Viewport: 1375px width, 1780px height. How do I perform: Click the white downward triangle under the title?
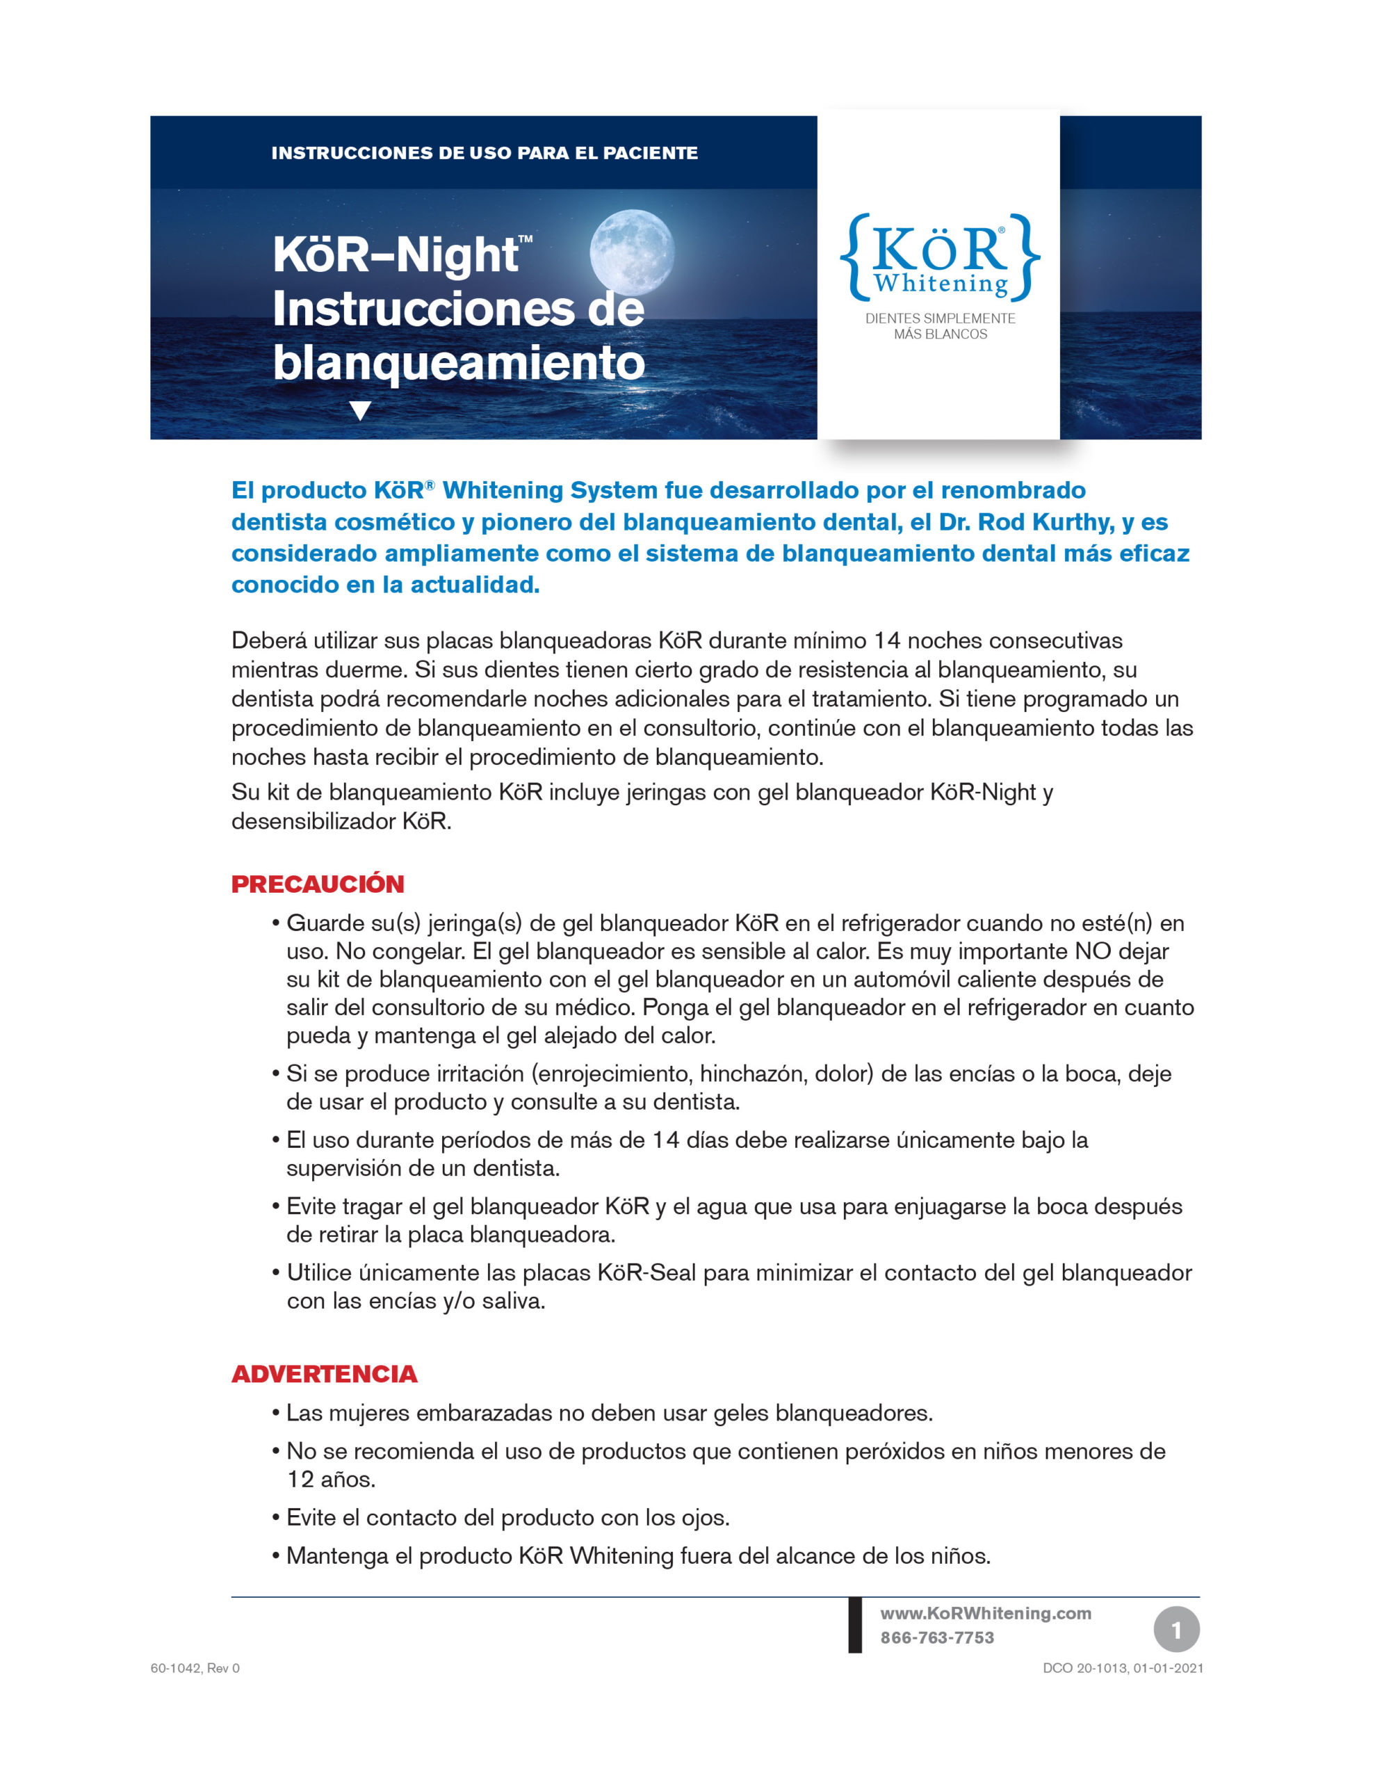pyautogui.click(x=359, y=410)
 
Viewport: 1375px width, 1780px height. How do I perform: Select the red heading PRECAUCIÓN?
pyautogui.click(x=318, y=884)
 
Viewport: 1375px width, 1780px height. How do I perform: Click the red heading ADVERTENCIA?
pyautogui.click(x=325, y=1373)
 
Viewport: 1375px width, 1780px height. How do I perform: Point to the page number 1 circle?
pyautogui.click(x=1176, y=1629)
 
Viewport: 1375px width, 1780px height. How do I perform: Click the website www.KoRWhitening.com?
pyautogui.click(x=984, y=1613)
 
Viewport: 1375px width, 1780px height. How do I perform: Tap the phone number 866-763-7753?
pyautogui.click(x=936, y=1637)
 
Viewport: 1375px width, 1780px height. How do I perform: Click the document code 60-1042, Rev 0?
pyautogui.click(x=195, y=1668)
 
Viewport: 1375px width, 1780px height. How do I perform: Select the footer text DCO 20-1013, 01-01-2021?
pyautogui.click(x=1123, y=1668)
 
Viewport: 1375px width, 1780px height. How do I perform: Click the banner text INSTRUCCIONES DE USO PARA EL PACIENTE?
pyautogui.click(x=484, y=153)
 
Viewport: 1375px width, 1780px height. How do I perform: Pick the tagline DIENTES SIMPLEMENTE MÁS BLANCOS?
pyautogui.click(x=940, y=326)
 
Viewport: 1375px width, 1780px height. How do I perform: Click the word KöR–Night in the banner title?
pyautogui.click(x=396, y=255)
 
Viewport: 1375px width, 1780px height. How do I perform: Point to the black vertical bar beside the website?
pyautogui.click(x=855, y=1624)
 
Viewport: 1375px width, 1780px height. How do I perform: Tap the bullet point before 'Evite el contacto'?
pyautogui.click(x=276, y=1518)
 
